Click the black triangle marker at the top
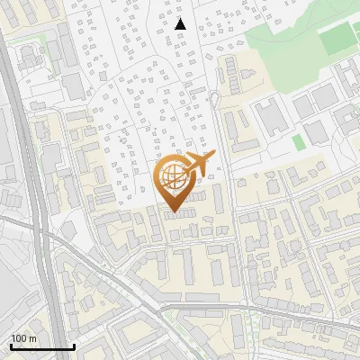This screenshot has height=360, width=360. pos(181,23)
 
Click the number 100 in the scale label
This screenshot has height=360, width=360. pos(19,338)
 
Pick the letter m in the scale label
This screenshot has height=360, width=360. pos(32,338)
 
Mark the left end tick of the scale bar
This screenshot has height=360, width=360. pos(11,346)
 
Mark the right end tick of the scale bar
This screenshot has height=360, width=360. pos(74,346)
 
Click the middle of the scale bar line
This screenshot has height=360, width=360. pos(42,347)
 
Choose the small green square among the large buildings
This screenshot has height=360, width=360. pos(299,142)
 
